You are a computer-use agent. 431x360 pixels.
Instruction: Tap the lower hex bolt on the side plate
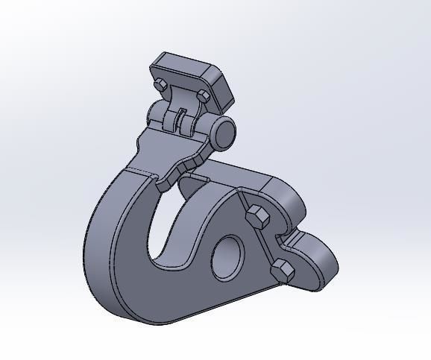click(283, 271)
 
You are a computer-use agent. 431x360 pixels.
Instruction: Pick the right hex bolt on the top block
click(203, 96)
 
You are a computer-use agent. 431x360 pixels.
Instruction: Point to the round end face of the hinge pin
click(224, 132)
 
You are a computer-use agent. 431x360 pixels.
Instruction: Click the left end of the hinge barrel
click(154, 114)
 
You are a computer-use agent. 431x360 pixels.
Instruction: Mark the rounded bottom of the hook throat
click(170, 257)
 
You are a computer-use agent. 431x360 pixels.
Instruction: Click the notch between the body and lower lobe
click(286, 238)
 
